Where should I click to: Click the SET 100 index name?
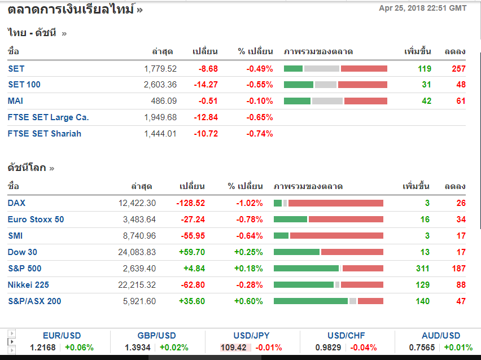tap(24, 85)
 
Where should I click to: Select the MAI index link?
tap(15, 101)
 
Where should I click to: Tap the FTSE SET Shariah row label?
tap(45, 134)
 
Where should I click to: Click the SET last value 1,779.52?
tap(160, 69)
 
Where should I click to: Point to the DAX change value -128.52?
tap(190, 203)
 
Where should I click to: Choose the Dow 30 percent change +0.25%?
tap(248, 252)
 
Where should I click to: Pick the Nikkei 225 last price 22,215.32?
tap(137, 285)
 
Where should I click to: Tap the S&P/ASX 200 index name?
tap(34, 301)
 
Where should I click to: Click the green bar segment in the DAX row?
tap(277, 203)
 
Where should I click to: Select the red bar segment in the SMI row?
tap(336, 236)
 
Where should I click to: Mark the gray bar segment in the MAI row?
tap(327, 101)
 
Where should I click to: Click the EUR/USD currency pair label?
tap(62, 336)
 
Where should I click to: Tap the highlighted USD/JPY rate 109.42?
tap(233, 348)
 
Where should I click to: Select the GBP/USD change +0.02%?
tap(174, 348)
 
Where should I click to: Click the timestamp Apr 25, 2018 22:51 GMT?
tap(423, 8)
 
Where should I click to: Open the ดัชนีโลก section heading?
tap(27, 168)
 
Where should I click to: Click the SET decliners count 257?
tap(458, 69)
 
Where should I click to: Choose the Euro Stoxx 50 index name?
tap(36, 219)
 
